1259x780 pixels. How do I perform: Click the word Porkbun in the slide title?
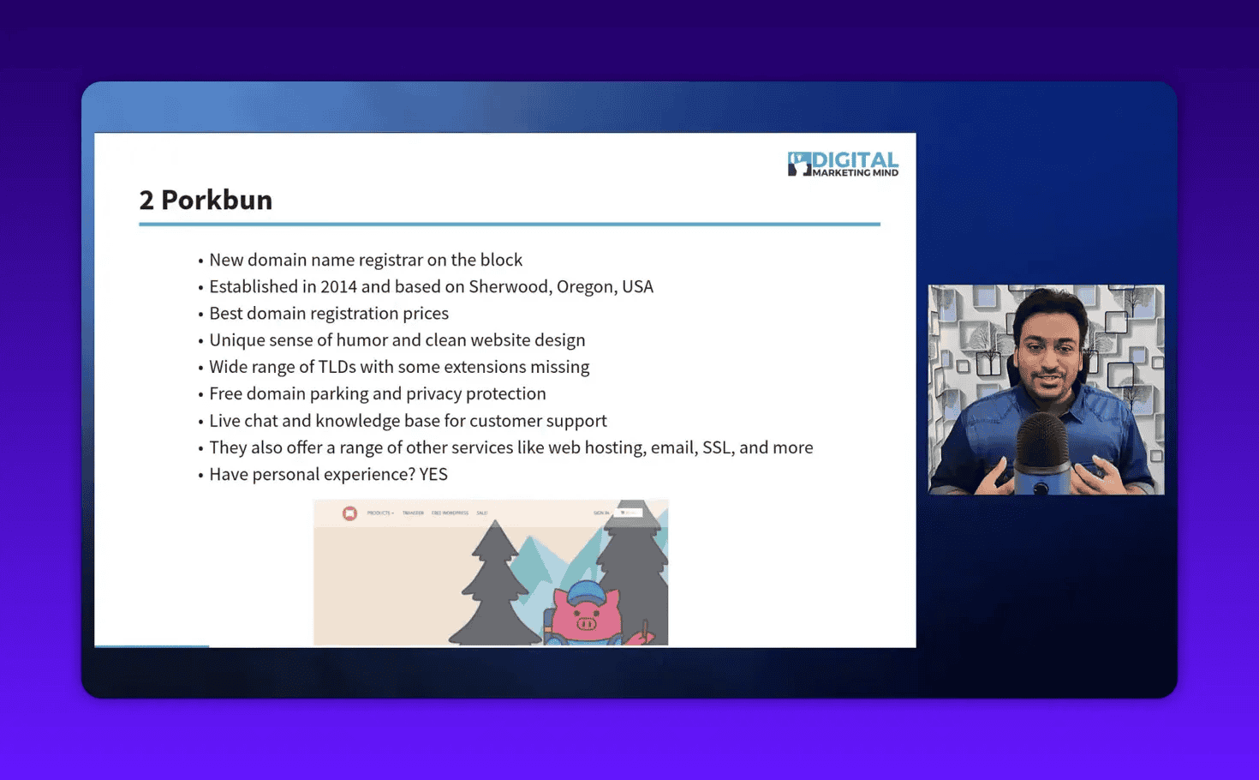click(x=217, y=200)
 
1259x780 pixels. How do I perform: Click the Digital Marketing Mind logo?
click(x=843, y=164)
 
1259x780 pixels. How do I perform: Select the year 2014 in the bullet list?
click(x=338, y=286)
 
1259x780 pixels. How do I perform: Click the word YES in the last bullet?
click(x=433, y=474)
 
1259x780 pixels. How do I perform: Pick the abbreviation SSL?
click(x=717, y=447)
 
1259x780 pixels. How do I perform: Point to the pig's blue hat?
click(x=587, y=591)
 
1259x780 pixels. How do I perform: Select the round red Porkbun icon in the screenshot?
click(x=349, y=513)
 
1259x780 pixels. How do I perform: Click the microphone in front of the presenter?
click(x=1041, y=450)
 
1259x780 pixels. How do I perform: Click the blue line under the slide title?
click(x=509, y=224)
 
